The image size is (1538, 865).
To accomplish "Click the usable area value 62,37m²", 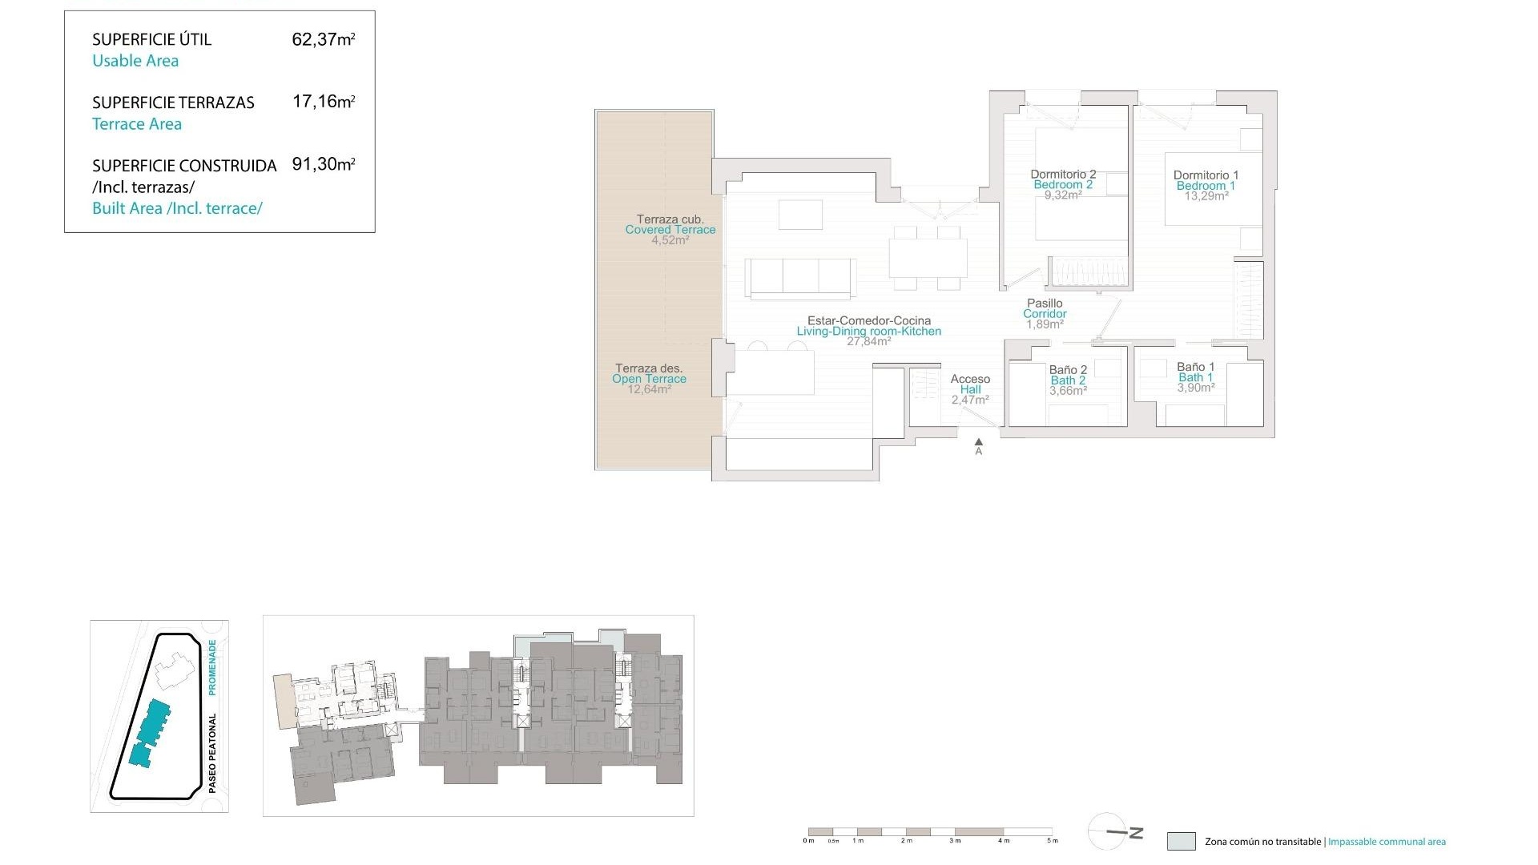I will (323, 39).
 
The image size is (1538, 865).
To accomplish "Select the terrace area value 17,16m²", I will (323, 102).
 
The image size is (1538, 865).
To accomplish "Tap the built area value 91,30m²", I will (323, 164).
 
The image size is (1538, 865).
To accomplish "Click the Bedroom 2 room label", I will (1063, 185).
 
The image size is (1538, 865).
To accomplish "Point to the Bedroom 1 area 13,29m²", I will (1206, 196).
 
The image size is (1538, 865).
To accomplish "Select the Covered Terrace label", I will (670, 230).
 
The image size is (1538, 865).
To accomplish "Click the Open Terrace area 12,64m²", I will (649, 390).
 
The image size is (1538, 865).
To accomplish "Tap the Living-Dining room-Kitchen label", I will (869, 331).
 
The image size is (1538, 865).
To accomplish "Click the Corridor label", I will (1045, 314).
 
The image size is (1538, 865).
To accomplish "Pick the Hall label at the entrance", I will (970, 390).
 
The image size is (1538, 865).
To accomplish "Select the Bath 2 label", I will (1068, 380).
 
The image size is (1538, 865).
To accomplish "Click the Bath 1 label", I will (1195, 377).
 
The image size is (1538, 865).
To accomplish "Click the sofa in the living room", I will (801, 277).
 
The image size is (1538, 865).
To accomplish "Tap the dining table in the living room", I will (928, 258).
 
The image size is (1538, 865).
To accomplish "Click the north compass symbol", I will (1109, 832).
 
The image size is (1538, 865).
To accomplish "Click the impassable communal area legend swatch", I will (1181, 841).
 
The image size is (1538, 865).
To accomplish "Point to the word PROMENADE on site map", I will (212, 666).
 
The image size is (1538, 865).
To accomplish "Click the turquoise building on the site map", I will (151, 730).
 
